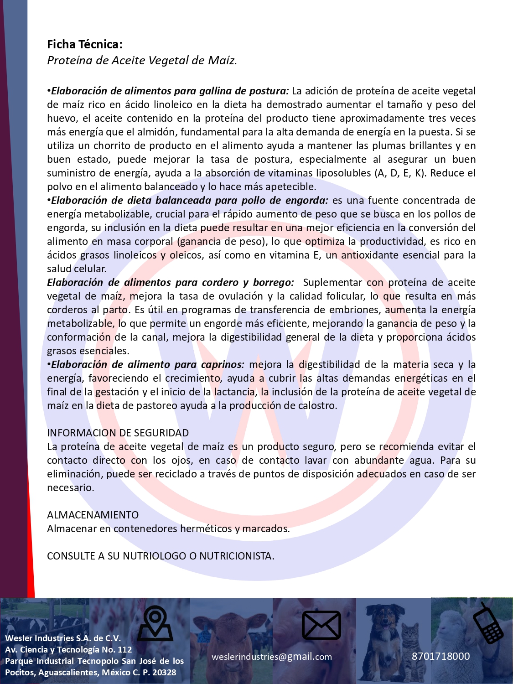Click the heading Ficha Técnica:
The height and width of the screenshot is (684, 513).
click(84, 44)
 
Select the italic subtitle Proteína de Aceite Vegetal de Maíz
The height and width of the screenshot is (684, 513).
click(142, 60)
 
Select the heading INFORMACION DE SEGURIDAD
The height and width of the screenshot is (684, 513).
click(118, 433)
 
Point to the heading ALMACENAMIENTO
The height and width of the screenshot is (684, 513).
click(93, 515)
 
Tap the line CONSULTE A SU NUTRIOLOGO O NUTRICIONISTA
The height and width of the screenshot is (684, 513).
click(161, 556)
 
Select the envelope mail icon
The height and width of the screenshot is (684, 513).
click(321, 625)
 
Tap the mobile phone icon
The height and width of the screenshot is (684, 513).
click(488, 623)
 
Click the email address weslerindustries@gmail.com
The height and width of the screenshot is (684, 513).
click(272, 657)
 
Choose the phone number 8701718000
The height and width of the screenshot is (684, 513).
click(440, 656)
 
